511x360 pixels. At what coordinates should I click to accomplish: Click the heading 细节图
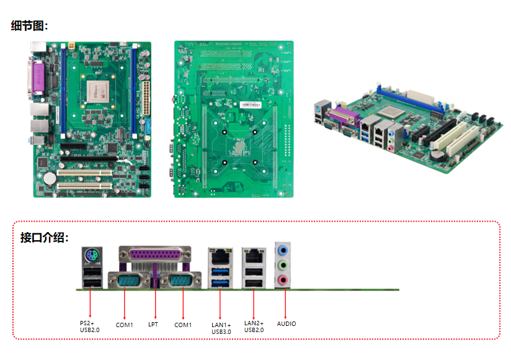(x=29, y=25)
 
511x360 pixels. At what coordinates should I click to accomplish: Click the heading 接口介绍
(x=44, y=237)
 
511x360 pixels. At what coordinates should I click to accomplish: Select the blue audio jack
(x=283, y=251)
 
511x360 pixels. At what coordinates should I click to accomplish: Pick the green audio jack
(x=283, y=266)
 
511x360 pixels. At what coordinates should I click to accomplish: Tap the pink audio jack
(x=283, y=280)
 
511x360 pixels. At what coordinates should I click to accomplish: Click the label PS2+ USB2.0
(x=89, y=326)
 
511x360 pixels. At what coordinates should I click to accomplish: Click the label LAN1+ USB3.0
(x=221, y=328)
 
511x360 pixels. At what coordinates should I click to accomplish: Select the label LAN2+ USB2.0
(x=254, y=326)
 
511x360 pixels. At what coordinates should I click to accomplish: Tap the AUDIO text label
(x=286, y=324)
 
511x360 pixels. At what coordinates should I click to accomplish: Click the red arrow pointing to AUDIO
(x=285, y=304)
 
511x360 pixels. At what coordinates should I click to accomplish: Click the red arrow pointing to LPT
(x=154, y=304)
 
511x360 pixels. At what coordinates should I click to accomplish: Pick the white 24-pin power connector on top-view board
(x=145, y=97)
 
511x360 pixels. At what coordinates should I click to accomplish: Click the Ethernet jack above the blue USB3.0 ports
(x=220, y=255)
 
